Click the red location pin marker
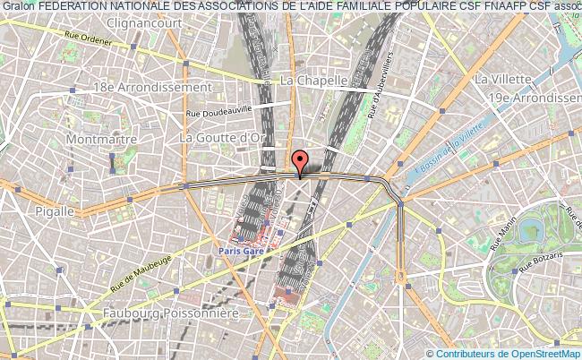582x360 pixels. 301,161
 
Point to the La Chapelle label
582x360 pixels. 313,80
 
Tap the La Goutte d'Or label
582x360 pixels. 223,137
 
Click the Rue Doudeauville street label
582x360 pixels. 219,111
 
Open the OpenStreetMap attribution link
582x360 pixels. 528,353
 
